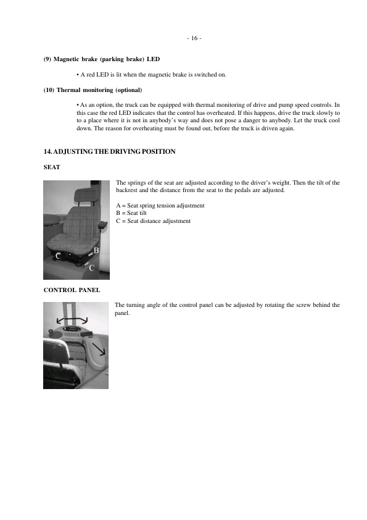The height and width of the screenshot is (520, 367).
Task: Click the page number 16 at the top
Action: point(194,38)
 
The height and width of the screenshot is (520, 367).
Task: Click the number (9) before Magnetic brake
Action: point(47,59)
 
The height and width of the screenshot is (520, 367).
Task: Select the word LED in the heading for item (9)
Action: point(153,59)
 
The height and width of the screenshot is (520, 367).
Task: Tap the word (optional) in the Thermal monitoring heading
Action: point(128,90)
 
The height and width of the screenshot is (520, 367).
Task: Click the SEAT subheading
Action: point(51,167)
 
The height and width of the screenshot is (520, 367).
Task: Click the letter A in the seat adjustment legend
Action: point(118,205)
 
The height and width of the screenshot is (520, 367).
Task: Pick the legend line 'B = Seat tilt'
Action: point(131,213)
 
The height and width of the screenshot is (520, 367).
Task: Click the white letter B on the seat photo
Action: point(96,251)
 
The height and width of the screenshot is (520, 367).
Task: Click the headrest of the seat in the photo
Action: point(84,197)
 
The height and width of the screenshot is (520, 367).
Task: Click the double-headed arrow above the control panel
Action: point(72,319)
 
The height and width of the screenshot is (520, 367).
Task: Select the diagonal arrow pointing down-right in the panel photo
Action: point(98,354)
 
